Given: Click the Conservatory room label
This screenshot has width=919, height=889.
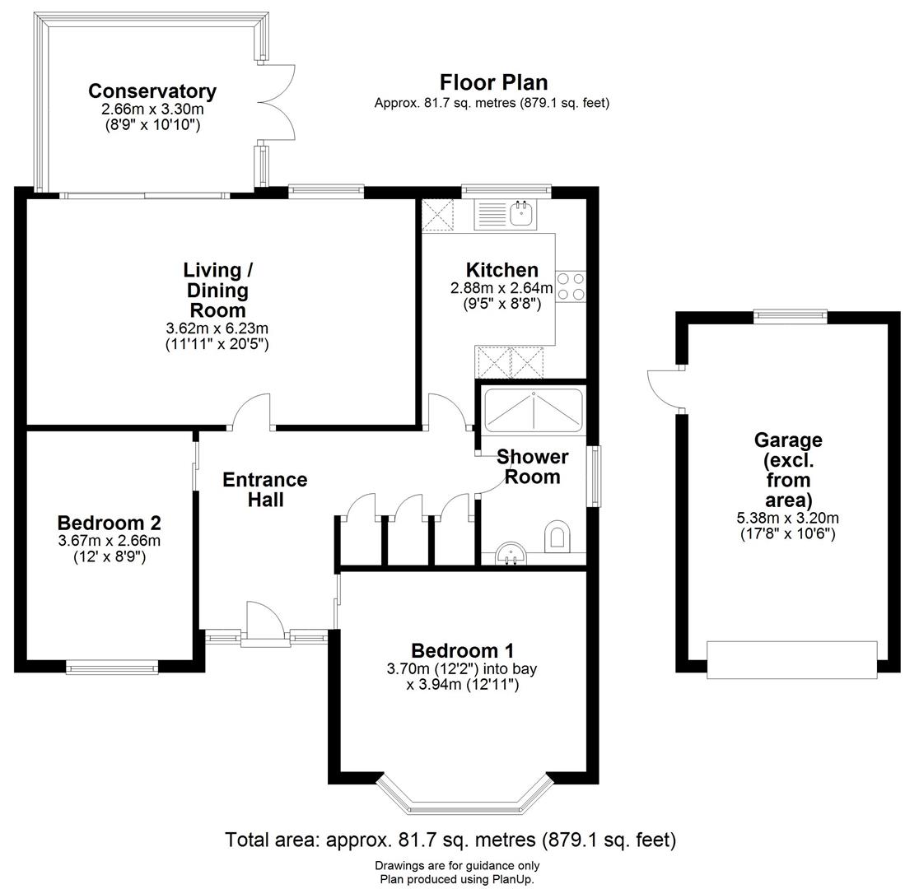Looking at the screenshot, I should click(x=152, y=91).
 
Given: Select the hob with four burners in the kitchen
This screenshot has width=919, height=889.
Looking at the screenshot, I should click(x=571, y=286).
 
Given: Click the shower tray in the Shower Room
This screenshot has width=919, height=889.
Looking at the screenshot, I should click(x=533, y=410).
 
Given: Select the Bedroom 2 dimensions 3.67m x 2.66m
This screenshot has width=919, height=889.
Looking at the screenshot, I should click(x=109, y=541).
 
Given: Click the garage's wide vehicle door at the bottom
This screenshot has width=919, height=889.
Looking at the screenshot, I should click(x=791, y=660).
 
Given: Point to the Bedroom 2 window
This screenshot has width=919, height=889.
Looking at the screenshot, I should click(x=111, y=667).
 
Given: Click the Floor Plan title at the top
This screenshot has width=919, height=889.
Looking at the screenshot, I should click(x=492, y=82).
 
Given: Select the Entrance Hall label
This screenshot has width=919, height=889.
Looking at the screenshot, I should click(x=264, y=489).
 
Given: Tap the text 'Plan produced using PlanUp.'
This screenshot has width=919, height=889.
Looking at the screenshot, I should click(x=457, y=878).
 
